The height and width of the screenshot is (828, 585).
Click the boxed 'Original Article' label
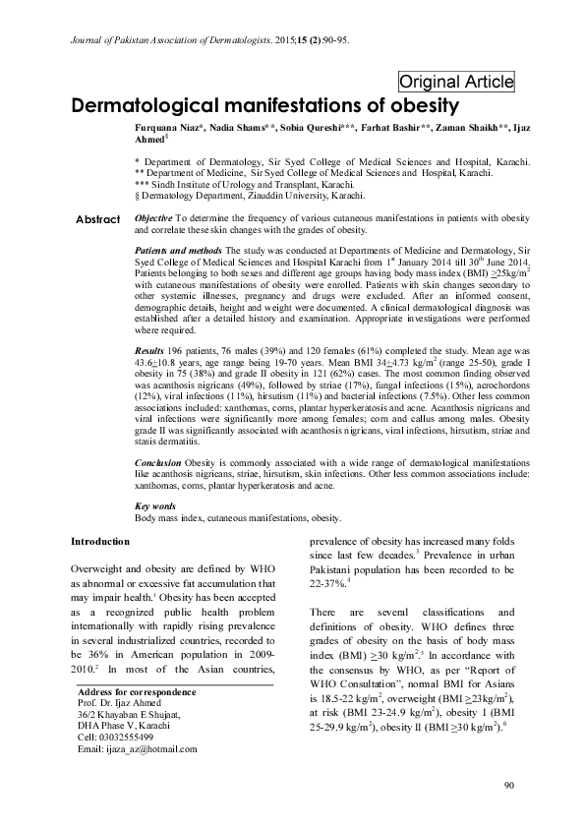[x=456, y=82]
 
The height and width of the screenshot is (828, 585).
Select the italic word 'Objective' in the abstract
[x=153, y=216]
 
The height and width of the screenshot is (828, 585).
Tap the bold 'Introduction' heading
[x=101, y=542]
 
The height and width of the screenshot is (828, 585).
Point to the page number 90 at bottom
[x=508, y=785]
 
